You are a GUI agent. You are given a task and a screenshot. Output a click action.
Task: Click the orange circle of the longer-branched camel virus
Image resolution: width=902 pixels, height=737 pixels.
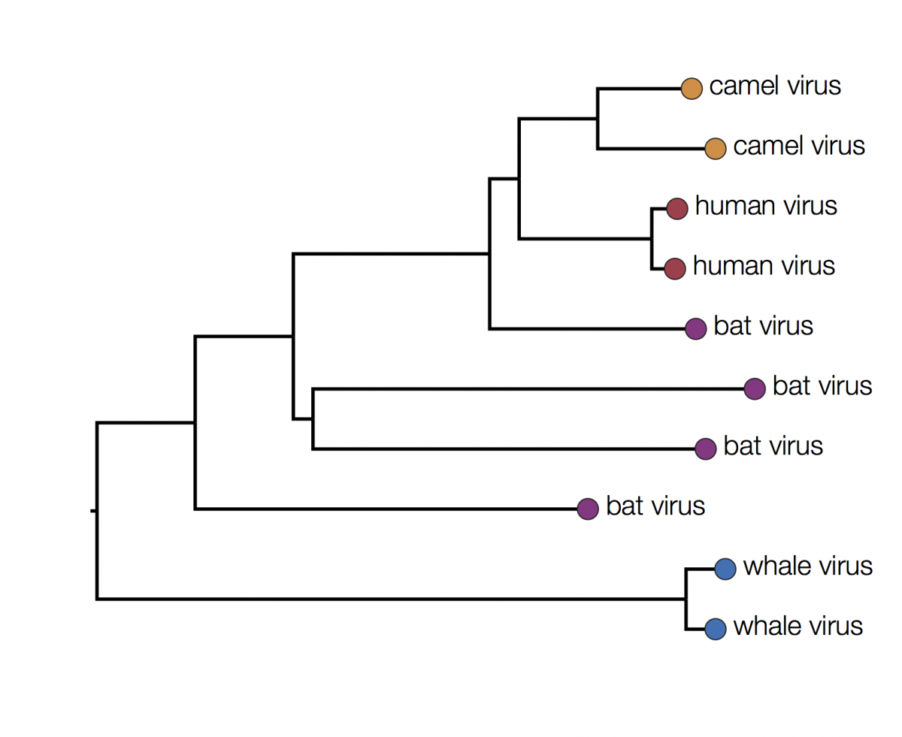click(715, 149)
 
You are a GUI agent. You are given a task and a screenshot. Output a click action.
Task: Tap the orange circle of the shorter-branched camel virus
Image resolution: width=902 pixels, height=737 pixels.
click(692, 89)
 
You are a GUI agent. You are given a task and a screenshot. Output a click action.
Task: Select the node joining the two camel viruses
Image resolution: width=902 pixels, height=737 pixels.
click(598, 119)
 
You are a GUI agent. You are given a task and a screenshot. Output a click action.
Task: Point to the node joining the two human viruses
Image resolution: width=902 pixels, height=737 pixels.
click(652, 239)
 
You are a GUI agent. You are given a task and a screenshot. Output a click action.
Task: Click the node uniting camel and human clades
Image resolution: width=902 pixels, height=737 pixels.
click(519, 178)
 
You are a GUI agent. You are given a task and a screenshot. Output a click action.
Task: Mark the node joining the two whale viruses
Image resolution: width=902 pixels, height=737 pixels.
click(686, 599)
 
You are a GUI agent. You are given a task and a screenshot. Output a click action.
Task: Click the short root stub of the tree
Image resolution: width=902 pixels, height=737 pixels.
click(94, 510)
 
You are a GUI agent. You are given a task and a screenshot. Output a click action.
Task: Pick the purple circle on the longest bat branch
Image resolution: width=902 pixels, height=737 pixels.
click(755, 389)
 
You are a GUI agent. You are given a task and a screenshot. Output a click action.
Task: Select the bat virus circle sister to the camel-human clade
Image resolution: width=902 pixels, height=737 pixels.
click(695, 329)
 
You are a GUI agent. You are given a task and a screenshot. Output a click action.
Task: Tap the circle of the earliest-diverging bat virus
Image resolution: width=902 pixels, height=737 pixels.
click(588, 509)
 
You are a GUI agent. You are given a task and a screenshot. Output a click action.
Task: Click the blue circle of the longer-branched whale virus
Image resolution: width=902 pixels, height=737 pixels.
click(725, 569)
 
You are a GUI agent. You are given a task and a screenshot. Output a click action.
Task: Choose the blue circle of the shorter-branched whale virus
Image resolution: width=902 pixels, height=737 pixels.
click(715, 629)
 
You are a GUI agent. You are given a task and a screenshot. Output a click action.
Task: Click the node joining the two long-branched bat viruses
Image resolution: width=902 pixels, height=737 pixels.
click(313, 418)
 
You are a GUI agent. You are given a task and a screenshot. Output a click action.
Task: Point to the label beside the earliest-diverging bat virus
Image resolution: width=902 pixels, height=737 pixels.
click(655, 506)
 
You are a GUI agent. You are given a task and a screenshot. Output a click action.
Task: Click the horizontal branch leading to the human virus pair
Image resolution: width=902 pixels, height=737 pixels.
click(585, 239)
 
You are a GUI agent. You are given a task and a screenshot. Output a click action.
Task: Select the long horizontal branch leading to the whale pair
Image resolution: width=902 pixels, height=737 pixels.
click(392, 599)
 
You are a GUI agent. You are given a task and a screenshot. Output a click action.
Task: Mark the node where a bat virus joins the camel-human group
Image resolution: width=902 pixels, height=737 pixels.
click(489, 254)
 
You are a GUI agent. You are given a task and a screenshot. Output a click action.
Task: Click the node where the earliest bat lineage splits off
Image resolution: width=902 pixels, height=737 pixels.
click(195, 422)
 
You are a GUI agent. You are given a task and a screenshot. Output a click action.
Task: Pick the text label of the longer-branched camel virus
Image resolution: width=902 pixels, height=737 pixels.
click(799, 146)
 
